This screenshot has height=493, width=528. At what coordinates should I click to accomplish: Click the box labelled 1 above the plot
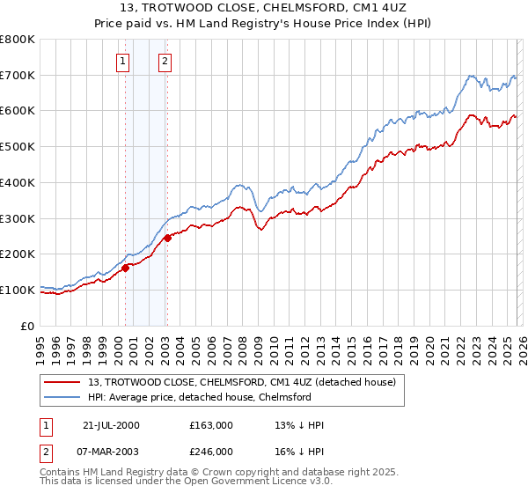pos(121,61)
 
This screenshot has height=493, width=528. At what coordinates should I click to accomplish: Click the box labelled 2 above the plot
pos(165,61)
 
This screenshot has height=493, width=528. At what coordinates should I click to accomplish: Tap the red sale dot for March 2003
pos(167,238)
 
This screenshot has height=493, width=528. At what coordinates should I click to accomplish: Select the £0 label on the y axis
pos(27,325)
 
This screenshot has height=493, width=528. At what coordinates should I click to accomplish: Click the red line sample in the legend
pos(63,381)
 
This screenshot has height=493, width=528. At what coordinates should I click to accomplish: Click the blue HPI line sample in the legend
pos(63,397)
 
